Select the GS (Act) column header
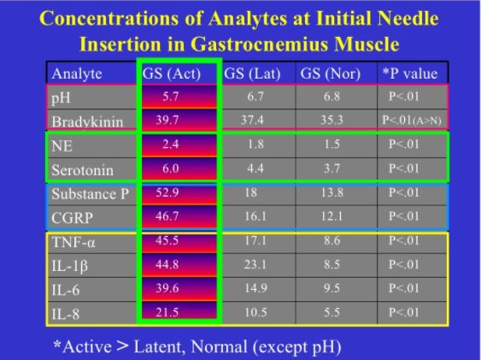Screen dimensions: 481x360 (x=172, y=74)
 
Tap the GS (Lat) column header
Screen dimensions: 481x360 (x=252, y=74)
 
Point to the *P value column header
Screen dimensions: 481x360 (x=410, y=74)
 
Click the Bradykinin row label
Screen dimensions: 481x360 (x=87, y=121)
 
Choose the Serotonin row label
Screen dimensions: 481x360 (x=83, y=170)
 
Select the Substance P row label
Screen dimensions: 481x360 (x=91, y=194)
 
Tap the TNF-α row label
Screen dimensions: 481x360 (x=73, y=242)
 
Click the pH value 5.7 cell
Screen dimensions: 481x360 (x=171, y=97)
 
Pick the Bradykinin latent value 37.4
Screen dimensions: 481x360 (x=252, y=120)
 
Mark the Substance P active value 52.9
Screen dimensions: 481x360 (x=167, y=192)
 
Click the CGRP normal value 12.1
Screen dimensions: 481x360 (x=331, y=216)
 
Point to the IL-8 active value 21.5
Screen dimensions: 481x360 (x=167, y=312)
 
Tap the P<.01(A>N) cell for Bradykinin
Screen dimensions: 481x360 (x=412, y=120)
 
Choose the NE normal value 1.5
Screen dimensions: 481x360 (x=331, y=144)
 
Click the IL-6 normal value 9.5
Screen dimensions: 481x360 (x=331, y=288)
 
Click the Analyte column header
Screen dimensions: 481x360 (x=77, y=74)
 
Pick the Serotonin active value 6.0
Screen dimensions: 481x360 (x=171, y=168)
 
